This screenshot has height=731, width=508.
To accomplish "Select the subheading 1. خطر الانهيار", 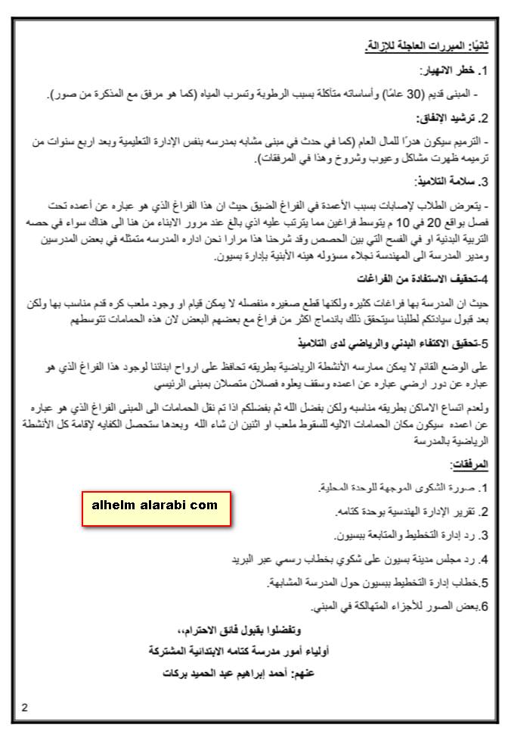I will [451, 71].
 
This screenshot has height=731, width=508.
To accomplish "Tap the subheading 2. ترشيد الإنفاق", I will [451, 119].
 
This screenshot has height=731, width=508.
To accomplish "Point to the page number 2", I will [25, 708].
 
